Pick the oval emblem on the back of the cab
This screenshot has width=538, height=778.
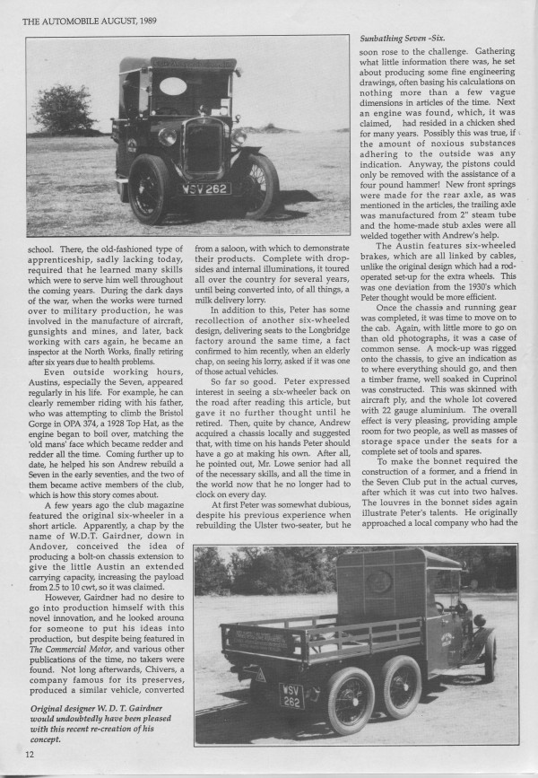point(378,580)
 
